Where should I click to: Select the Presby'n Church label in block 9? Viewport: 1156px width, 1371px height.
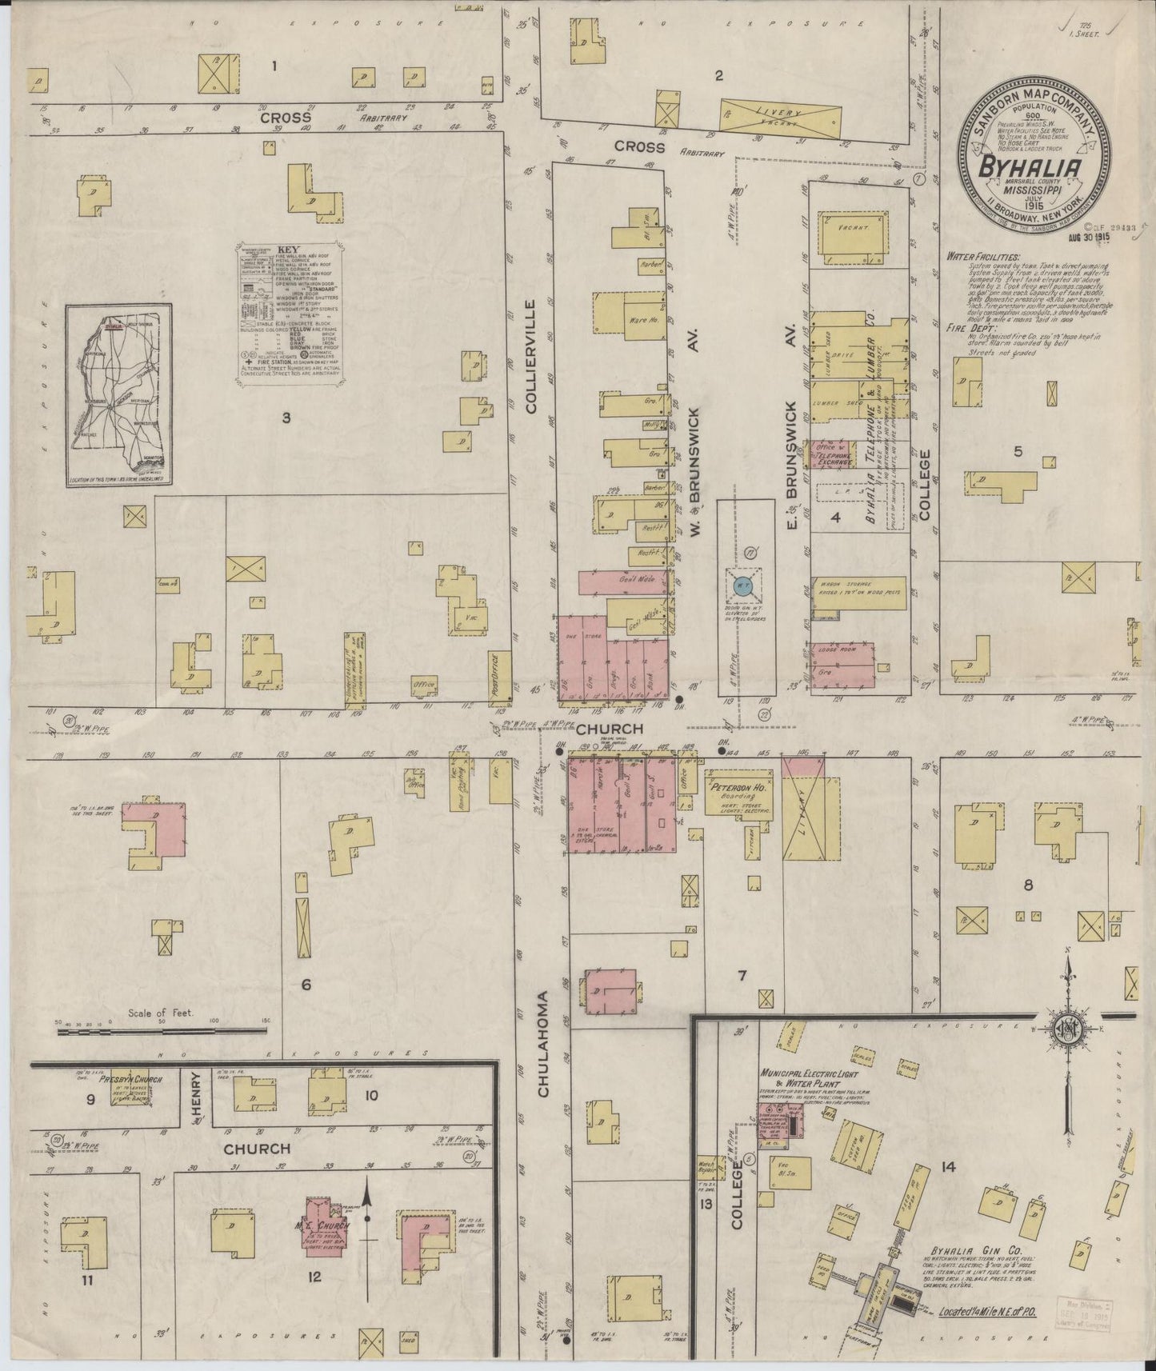point(130,1079)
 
